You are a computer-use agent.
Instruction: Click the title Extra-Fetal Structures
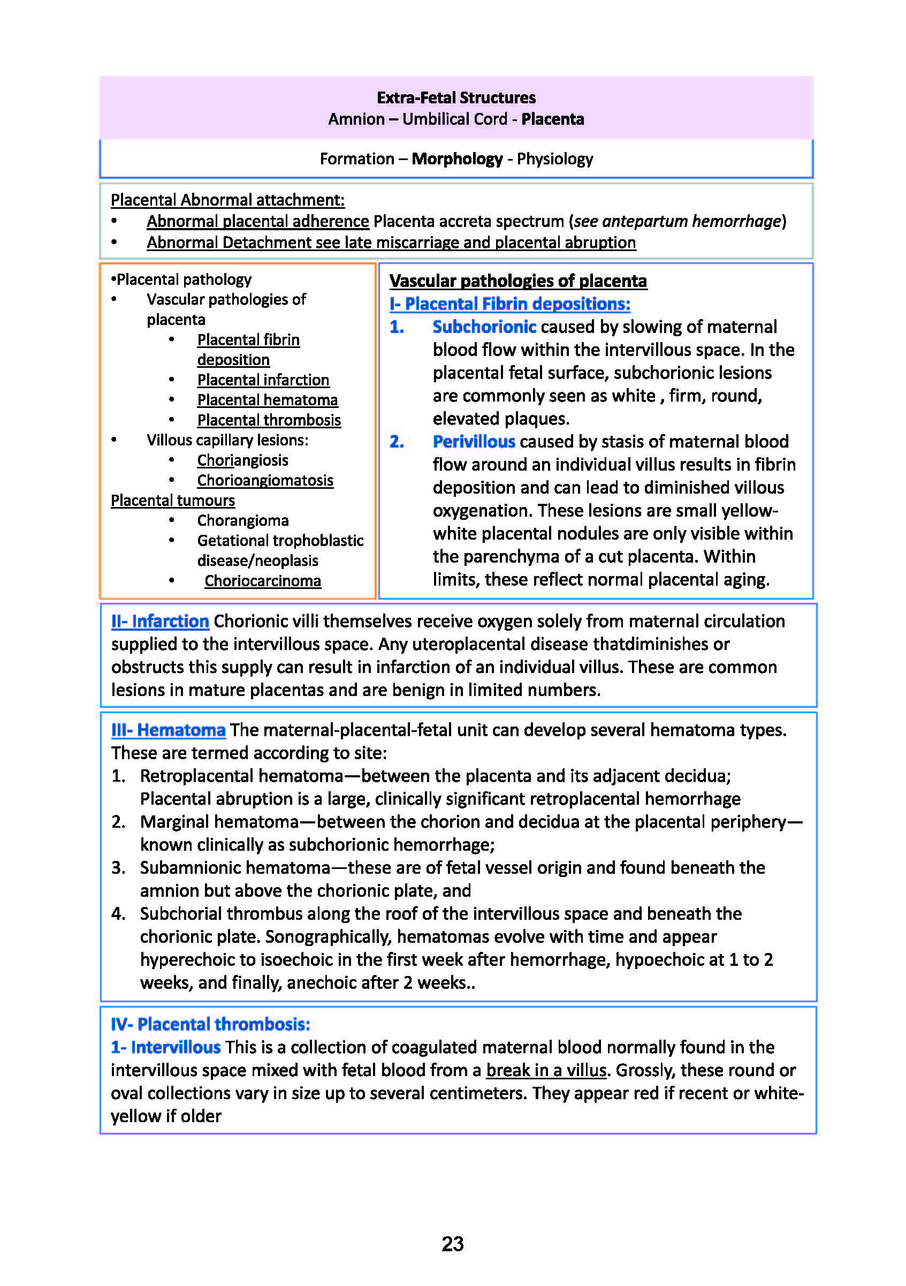456,98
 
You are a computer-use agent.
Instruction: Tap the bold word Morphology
457,159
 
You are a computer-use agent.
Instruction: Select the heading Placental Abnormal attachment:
227,200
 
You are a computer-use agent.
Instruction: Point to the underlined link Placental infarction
263,380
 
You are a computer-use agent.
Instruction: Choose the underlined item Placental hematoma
267,400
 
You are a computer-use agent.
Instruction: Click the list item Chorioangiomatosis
265,481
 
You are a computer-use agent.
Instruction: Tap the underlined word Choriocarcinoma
263,581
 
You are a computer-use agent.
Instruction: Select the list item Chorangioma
242,520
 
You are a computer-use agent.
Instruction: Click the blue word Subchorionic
484,327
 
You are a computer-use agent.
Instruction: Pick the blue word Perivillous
474,441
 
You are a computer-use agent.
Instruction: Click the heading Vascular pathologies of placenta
518,281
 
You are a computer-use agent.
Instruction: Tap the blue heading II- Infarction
160,621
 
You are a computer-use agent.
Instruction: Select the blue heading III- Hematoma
168,730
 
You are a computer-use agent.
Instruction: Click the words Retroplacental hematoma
241,776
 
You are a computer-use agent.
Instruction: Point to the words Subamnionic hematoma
235,868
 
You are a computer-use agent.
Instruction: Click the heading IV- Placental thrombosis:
210,1024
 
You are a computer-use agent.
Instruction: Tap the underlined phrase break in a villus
546,1070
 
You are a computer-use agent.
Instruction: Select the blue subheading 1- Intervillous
166,1047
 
